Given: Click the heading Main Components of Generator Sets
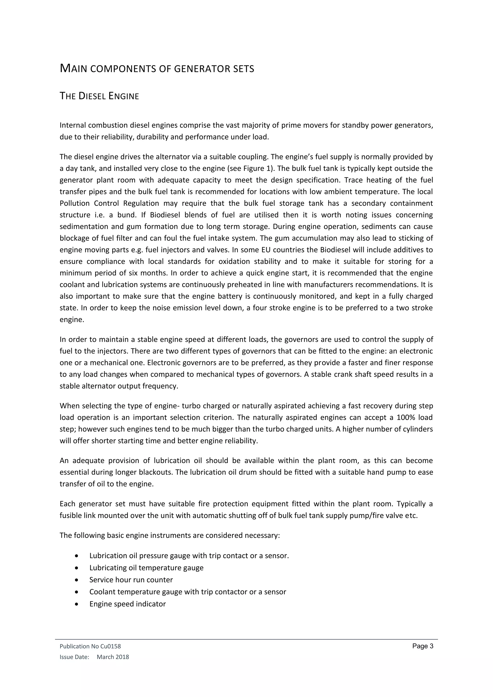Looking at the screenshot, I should click(x=157, y=69).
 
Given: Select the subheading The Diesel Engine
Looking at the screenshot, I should click(x=99, y=96).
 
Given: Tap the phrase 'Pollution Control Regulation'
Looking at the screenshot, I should click(x=109, y=203).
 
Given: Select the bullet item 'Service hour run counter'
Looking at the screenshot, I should click(x=131, y=580).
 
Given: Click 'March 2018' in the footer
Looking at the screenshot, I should click(x=113, y=657).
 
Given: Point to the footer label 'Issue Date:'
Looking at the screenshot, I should click(x=74, y=657).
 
